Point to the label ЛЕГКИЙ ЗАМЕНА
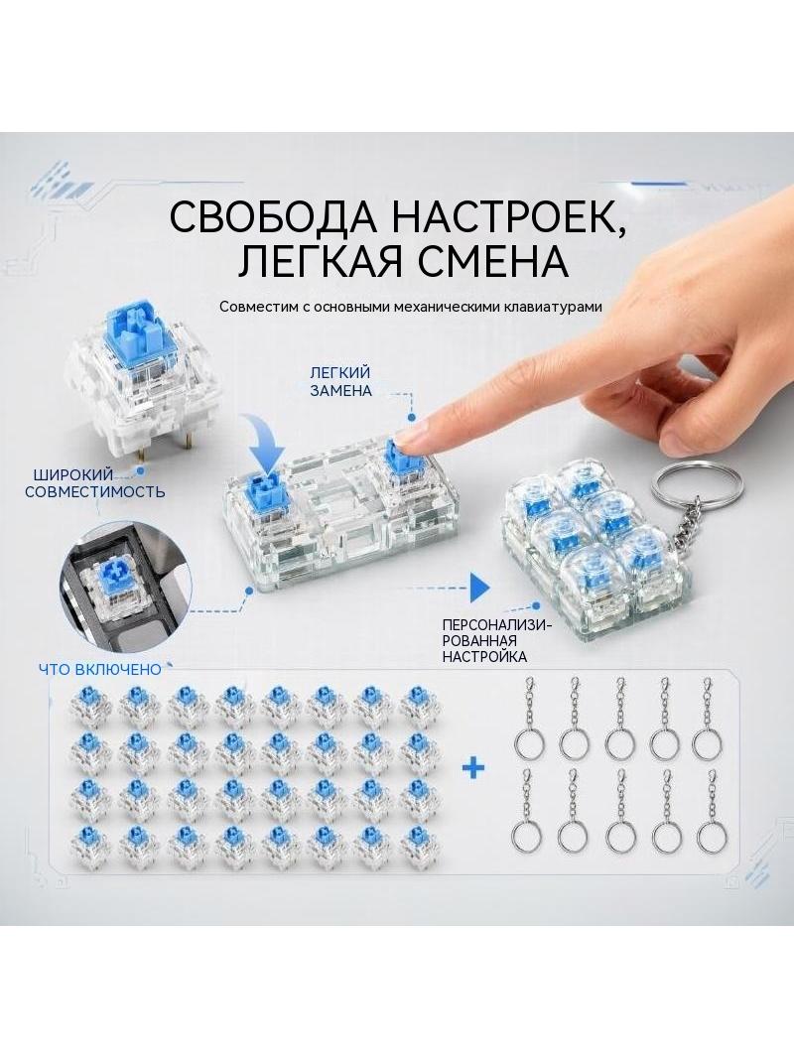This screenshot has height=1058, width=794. [x=340, y=381]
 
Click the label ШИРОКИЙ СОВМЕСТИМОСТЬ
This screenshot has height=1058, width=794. [x=95, y=482]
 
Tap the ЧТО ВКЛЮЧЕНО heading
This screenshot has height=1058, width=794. [x=100, y=669]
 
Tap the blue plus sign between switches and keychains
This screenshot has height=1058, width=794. [x=473, y=767]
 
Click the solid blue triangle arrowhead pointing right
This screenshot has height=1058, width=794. [x=479, y=589]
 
